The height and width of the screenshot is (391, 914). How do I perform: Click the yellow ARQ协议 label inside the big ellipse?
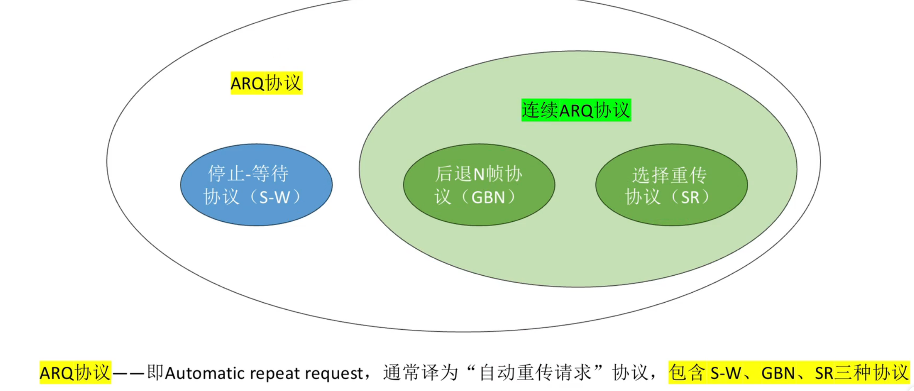click(266, 83)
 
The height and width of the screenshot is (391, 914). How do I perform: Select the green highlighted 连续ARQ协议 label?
click(576, 110)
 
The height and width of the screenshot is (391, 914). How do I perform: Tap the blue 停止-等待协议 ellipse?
click(256, 214)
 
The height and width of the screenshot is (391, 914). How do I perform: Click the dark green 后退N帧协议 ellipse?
click(479, 214)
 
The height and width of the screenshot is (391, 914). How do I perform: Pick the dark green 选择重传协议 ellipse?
click(671, 214)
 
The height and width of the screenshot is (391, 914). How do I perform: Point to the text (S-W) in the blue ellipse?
click(275, 198)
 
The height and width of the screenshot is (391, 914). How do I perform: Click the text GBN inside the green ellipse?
click(488, 198)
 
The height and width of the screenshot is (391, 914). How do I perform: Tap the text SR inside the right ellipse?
click(690, 198)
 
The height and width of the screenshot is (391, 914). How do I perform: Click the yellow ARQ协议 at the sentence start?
click(75, 373)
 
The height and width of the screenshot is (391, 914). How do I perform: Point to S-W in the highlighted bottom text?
click(725, 373)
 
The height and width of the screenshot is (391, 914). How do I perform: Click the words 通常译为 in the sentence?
click(420, 373)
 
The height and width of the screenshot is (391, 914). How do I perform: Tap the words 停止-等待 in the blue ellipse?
click(248, 174)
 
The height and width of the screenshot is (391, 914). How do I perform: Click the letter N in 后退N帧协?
click(478, 175)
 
